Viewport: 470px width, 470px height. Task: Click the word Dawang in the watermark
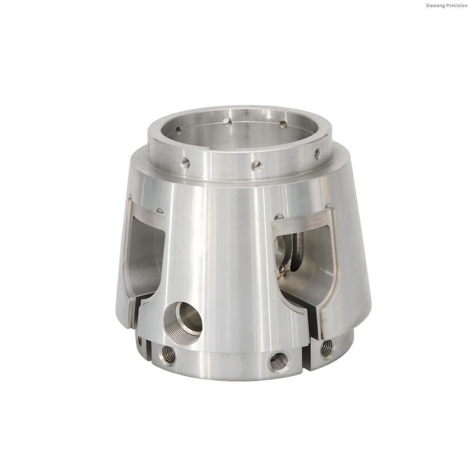[434, 5]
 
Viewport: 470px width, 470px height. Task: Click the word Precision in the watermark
[455, 5]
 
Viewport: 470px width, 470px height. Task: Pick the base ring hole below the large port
[169, 355]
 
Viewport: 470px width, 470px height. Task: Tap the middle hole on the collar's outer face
[257, 166]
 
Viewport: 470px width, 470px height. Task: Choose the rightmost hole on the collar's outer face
[317, 154]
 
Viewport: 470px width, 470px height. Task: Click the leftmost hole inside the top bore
[178, 130]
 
